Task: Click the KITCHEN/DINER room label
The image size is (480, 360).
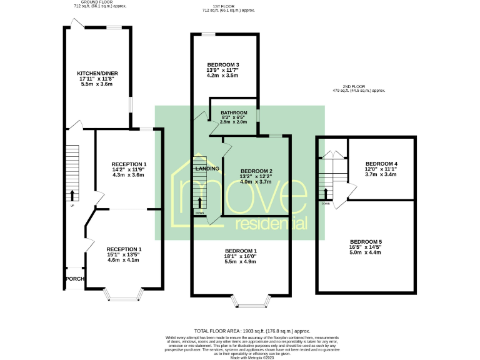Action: [97, 74]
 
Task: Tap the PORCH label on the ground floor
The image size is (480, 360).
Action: [75, 279]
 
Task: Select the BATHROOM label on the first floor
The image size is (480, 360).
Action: [234, 113]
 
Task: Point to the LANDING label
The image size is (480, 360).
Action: [207, 169]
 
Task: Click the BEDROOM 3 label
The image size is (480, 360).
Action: [223, 65]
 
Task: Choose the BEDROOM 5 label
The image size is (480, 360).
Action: [366, 242]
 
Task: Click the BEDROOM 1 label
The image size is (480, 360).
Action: [241, 251]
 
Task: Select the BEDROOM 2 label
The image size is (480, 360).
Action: [256, 171]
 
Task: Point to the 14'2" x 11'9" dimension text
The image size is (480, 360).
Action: [128, 169]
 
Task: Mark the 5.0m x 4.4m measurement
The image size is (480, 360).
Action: [366, 253]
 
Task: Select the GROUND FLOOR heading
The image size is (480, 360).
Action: [97, 2]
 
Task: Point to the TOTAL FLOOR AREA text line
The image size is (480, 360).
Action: [252, 331]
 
